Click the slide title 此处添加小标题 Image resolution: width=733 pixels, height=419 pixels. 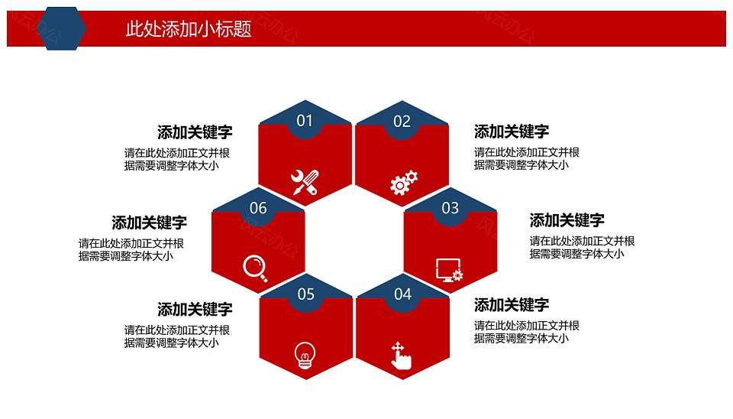click(x=189, y=29)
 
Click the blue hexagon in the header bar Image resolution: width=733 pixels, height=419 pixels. click(x=61, y=28)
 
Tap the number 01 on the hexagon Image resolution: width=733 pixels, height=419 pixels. click(x=305, y=121)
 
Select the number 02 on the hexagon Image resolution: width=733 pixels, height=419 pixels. click(x=402, y=122)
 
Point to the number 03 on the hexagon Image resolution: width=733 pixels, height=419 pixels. click(x=450, y=208)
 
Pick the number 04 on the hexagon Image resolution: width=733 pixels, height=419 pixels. click(x=402, y=294)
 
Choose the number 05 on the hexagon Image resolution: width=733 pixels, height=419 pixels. click(x=306, y=294)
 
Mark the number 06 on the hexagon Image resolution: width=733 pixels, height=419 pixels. click(x=258, y=208)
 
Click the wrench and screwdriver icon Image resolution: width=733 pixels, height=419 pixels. click(x=305, y=182)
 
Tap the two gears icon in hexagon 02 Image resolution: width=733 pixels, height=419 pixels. click(x=403, y=183)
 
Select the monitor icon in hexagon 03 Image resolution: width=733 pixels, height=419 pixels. click(x=449, y=270)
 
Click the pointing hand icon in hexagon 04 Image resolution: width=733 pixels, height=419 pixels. click(x=401, y=356)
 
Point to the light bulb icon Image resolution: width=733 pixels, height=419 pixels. click(x=305, y=356)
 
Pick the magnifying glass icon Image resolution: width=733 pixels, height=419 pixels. click(x=255, y=268)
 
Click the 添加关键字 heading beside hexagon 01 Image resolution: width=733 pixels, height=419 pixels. click(x=195, y=132)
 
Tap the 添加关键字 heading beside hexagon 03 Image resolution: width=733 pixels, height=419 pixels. click(x=567, y=220)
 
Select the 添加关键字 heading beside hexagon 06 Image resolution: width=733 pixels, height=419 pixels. click(x=149, y=222)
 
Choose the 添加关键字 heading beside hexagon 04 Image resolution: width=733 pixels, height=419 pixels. click(x=512, y=305)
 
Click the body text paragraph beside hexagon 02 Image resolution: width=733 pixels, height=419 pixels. click(x=527, y=159)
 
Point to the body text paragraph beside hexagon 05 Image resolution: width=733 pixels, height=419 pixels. click(x=176, y=336)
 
